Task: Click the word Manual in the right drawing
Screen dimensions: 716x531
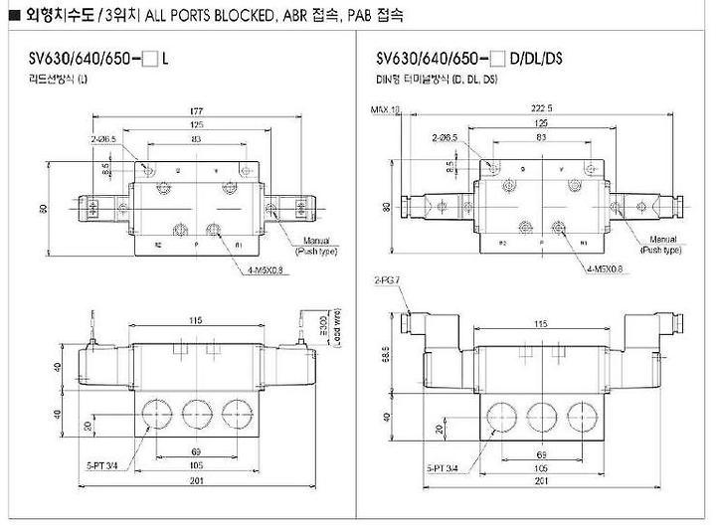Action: coord(662,240)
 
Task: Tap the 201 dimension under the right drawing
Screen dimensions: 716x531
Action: coord(541,481)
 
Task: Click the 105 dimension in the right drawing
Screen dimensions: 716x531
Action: coord(541,466)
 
